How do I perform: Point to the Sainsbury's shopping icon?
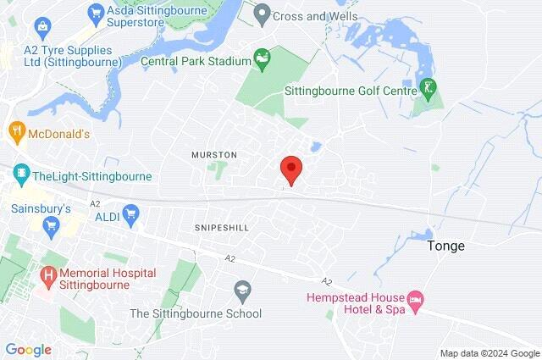click(50, 224)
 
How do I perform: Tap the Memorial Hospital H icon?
click(47, 274)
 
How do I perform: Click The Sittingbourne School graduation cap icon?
click(242, 290)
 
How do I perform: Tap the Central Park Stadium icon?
click(263, 60)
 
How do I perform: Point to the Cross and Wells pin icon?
click(263, 14)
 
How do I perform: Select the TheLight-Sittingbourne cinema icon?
click(19, 176)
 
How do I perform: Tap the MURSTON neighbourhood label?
click(214, 155)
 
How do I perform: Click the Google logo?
click(29, 350)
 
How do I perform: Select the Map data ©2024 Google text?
click(489, 353)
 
